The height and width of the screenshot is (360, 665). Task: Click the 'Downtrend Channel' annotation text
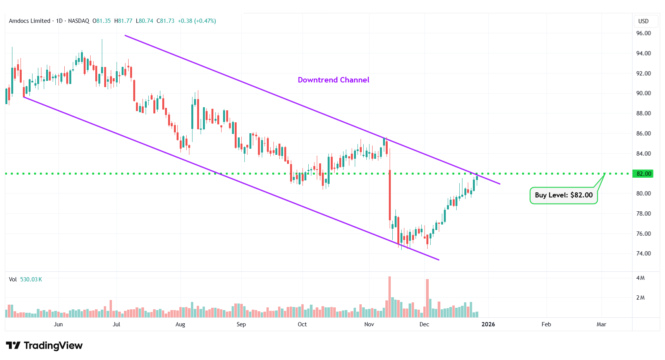click(333, 80)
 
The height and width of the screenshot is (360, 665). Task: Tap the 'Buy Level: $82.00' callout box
click(564, 195)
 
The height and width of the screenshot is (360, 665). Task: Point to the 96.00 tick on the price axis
click(643, 33)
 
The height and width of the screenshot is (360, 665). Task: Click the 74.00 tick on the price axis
click(643, 254)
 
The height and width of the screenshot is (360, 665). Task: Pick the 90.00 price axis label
click(643, 93)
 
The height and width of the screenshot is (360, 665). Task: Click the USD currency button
click(643, 21)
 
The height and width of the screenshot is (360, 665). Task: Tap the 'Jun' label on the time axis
click(58, 324)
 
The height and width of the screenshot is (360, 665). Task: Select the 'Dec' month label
click(424, 324)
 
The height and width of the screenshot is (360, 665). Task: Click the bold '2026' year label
click(488, 324)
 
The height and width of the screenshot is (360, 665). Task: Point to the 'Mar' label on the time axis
click(601, 324)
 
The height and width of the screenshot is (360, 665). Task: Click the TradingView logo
click(44, 345)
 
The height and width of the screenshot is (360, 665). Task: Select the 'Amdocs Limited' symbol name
click(29, 21)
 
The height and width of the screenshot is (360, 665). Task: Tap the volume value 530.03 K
click(31, 279)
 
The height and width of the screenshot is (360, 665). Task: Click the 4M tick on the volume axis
click(640, 278)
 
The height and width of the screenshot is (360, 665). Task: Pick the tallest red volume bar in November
click(390, 297)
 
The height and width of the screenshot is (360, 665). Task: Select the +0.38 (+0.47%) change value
click(197, 21)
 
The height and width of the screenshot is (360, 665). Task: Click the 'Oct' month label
click(302, 324)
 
